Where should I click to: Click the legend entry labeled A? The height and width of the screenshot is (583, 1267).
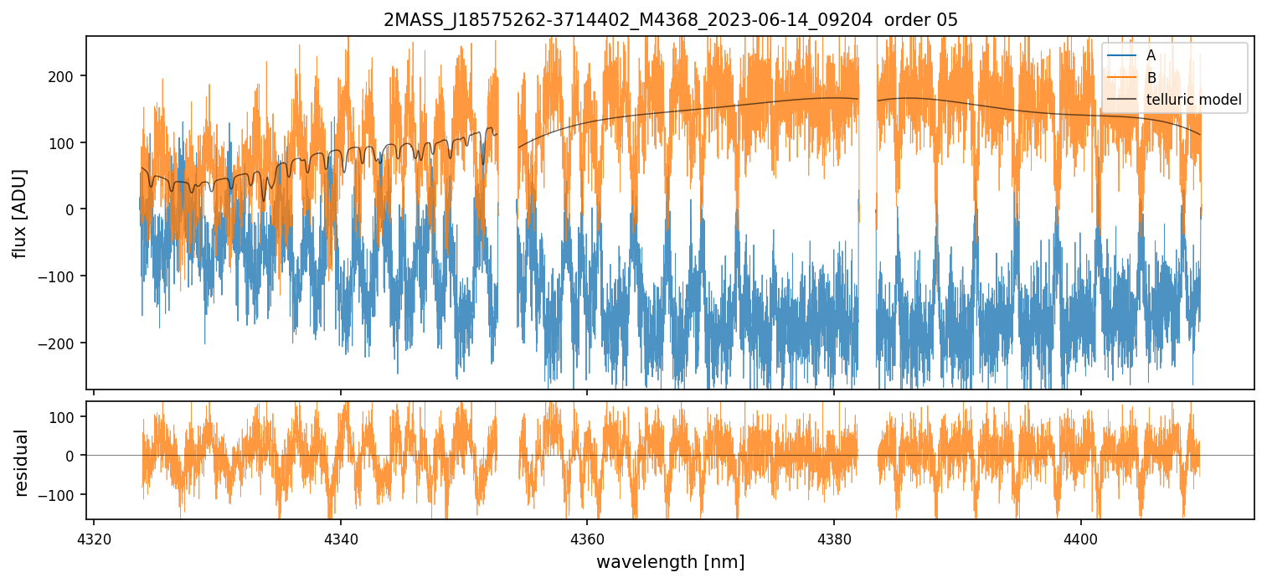click(1151, 55)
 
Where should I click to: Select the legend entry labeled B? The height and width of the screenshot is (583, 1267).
click(1151, 78)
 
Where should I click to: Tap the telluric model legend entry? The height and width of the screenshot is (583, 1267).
click(1193, 101)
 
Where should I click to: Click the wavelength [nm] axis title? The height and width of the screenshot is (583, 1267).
click(670, 561)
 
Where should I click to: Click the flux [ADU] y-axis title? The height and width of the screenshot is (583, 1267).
click(19, 213)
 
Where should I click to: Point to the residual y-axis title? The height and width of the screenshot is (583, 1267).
click(21, 462)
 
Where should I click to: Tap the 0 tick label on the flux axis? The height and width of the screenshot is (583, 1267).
click(70, 209)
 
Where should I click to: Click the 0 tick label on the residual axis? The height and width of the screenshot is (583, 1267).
click(70, 456)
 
